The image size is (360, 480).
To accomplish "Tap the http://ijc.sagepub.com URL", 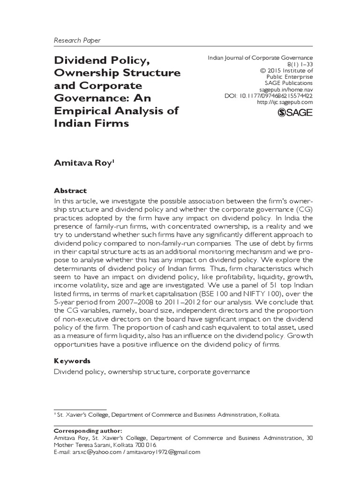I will (286, 102).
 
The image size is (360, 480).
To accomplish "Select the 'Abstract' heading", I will (70, 191).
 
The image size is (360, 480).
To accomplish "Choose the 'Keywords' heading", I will (73, 361).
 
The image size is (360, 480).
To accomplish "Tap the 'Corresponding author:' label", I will (89, 431).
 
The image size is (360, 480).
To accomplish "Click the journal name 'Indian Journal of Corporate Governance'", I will (261, 57).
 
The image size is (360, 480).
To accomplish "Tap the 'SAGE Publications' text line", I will (286, 82).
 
